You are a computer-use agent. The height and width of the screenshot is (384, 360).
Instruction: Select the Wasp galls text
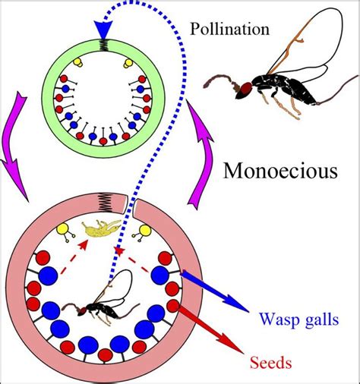tap(298, 315)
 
